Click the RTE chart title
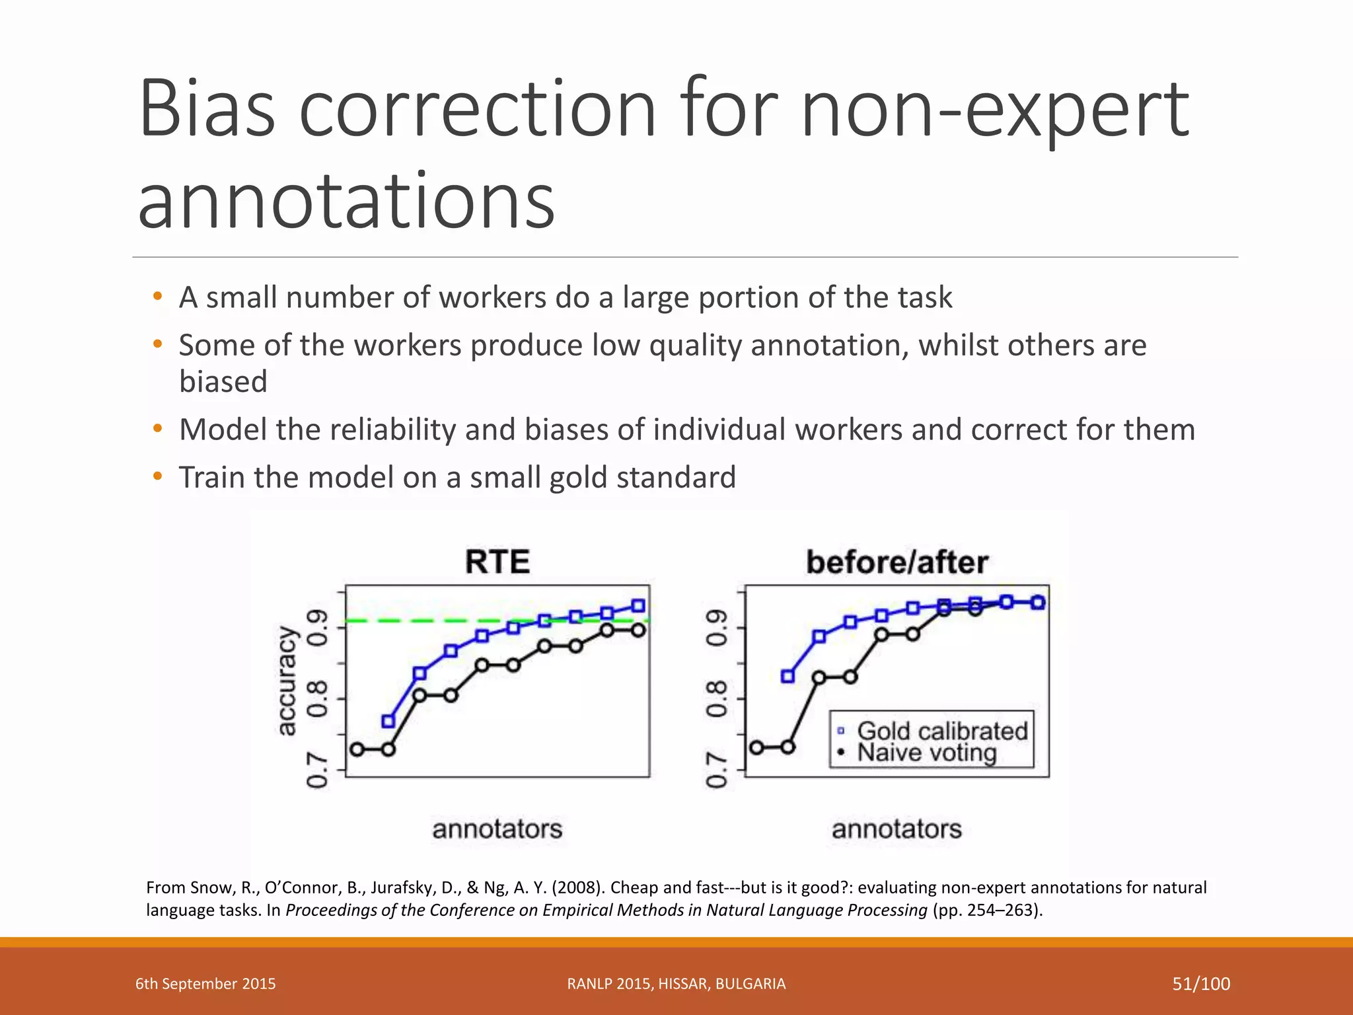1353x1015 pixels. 497,562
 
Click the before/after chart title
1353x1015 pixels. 896,562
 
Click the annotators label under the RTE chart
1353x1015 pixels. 497,829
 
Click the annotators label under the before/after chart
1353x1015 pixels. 896,829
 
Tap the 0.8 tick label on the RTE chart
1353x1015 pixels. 318,699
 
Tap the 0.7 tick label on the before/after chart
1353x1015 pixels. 717,771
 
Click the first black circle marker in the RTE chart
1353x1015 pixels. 357,749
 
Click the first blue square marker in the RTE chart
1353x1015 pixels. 388,721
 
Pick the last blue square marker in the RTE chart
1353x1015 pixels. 638,606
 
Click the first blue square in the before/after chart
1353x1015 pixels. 787,677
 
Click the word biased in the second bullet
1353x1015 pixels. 223,381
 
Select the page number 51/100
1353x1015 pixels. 1200,984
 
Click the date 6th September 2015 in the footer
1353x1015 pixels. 205,984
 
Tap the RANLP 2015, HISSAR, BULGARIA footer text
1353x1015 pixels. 676,984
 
